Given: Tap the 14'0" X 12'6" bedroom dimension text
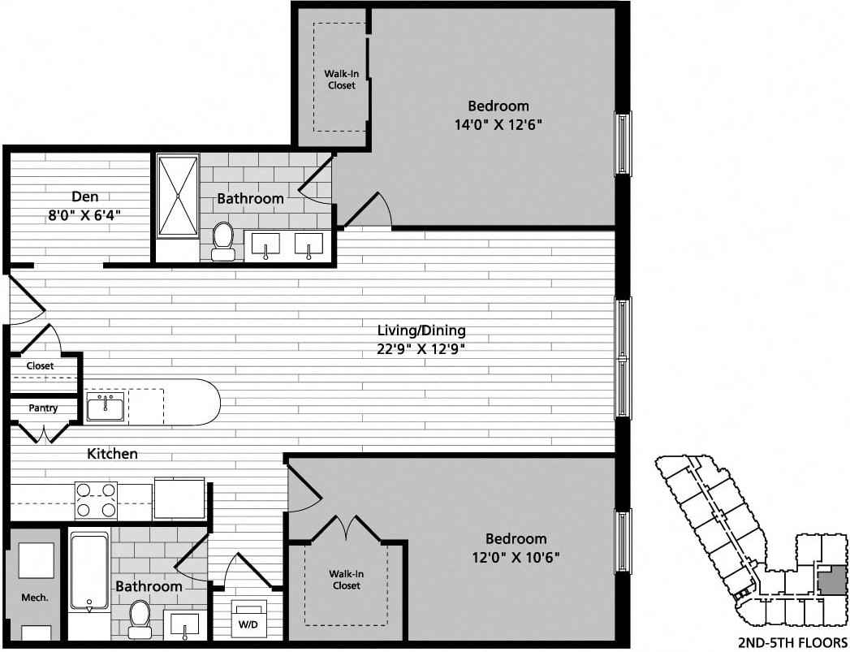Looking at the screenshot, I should click(498, 125).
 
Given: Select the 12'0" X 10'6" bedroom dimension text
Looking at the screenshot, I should click(516, 558).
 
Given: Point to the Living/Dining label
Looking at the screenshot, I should click(421, 330).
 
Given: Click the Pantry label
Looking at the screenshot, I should click(42, 408).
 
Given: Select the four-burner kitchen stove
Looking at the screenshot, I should click(96, 499).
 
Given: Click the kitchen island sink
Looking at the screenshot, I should click(106, 406).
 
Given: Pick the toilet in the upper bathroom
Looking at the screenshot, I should click(222, 240).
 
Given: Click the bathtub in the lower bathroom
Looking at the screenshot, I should click(88, 570).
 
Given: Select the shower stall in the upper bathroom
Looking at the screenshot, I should click(177, 195).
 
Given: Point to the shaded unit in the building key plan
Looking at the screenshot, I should click(830, 581).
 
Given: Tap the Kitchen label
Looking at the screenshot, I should click(112, 454).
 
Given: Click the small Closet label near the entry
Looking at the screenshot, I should click(40, 366).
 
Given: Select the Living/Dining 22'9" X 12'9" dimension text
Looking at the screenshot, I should click(421, 349).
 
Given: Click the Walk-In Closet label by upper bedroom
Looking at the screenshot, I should click(340, 80).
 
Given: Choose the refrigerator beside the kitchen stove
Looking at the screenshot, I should click(179, 498).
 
